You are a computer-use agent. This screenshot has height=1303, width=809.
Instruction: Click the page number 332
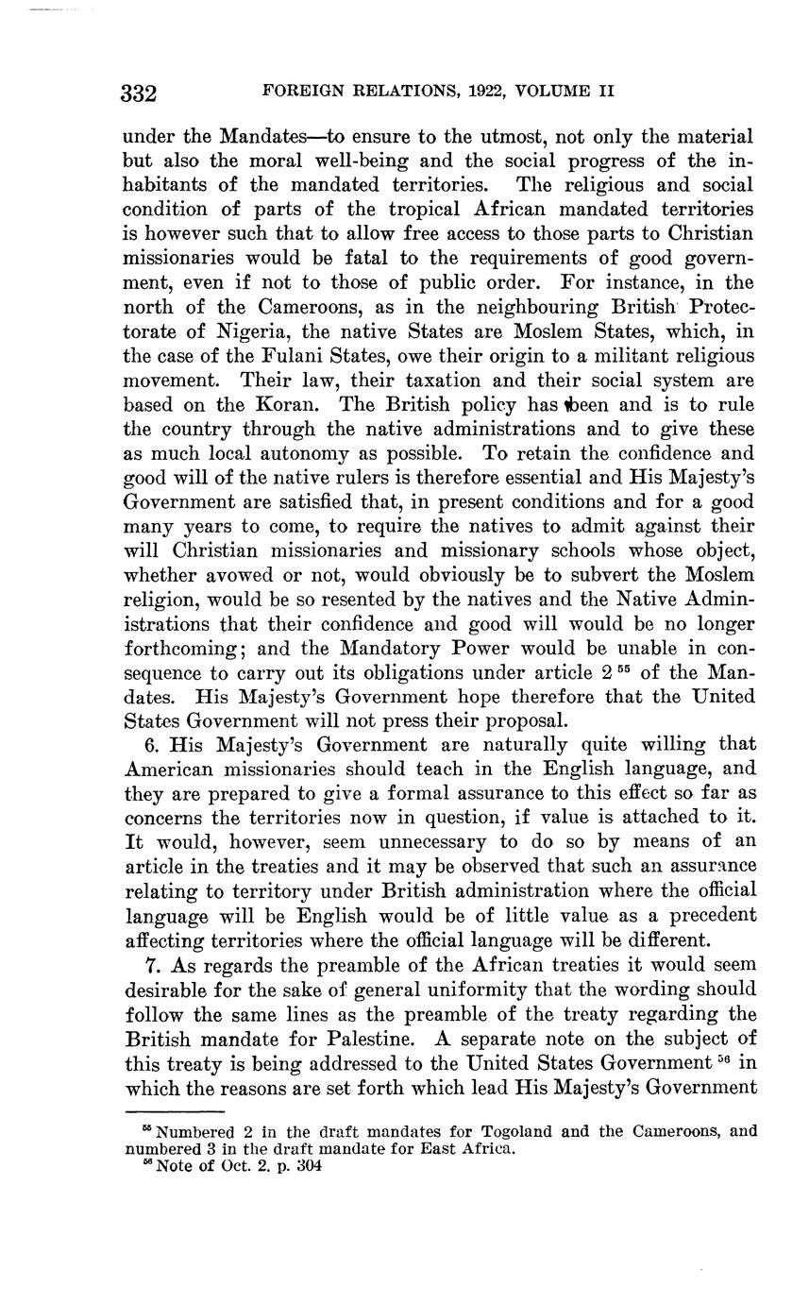pyautogui.click(x=139, y=93)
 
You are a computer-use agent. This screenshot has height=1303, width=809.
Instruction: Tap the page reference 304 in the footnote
pyautogui.click(x=309, y=1164)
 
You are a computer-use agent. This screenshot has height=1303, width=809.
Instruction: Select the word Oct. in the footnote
pyautogui.click(x=234, y=1164)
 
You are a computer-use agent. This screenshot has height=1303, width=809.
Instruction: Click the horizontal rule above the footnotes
pyautogui.click(x=173, y=1113)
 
